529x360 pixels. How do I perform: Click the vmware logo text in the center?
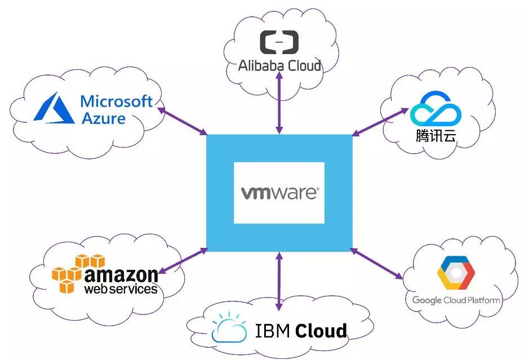279,193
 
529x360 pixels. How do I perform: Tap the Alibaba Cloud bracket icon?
279,42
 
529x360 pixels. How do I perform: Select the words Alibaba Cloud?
279,65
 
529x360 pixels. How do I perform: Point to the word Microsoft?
117,101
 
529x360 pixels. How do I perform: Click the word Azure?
104,118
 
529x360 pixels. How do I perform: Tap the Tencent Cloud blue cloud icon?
435,108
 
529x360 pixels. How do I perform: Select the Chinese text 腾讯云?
435,136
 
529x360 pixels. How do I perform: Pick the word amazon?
121,275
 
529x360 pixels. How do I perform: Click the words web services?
121,289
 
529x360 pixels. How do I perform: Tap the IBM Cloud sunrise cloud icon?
229,327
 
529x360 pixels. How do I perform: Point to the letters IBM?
272,331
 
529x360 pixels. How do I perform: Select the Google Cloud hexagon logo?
456,273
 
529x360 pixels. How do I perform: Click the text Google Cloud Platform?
456,300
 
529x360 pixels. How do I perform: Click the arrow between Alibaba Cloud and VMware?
279,103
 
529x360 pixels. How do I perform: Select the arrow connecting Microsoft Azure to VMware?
182,121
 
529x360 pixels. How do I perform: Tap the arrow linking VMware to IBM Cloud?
279,281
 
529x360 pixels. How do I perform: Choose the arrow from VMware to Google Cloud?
376,264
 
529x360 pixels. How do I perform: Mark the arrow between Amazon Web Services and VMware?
183,261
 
